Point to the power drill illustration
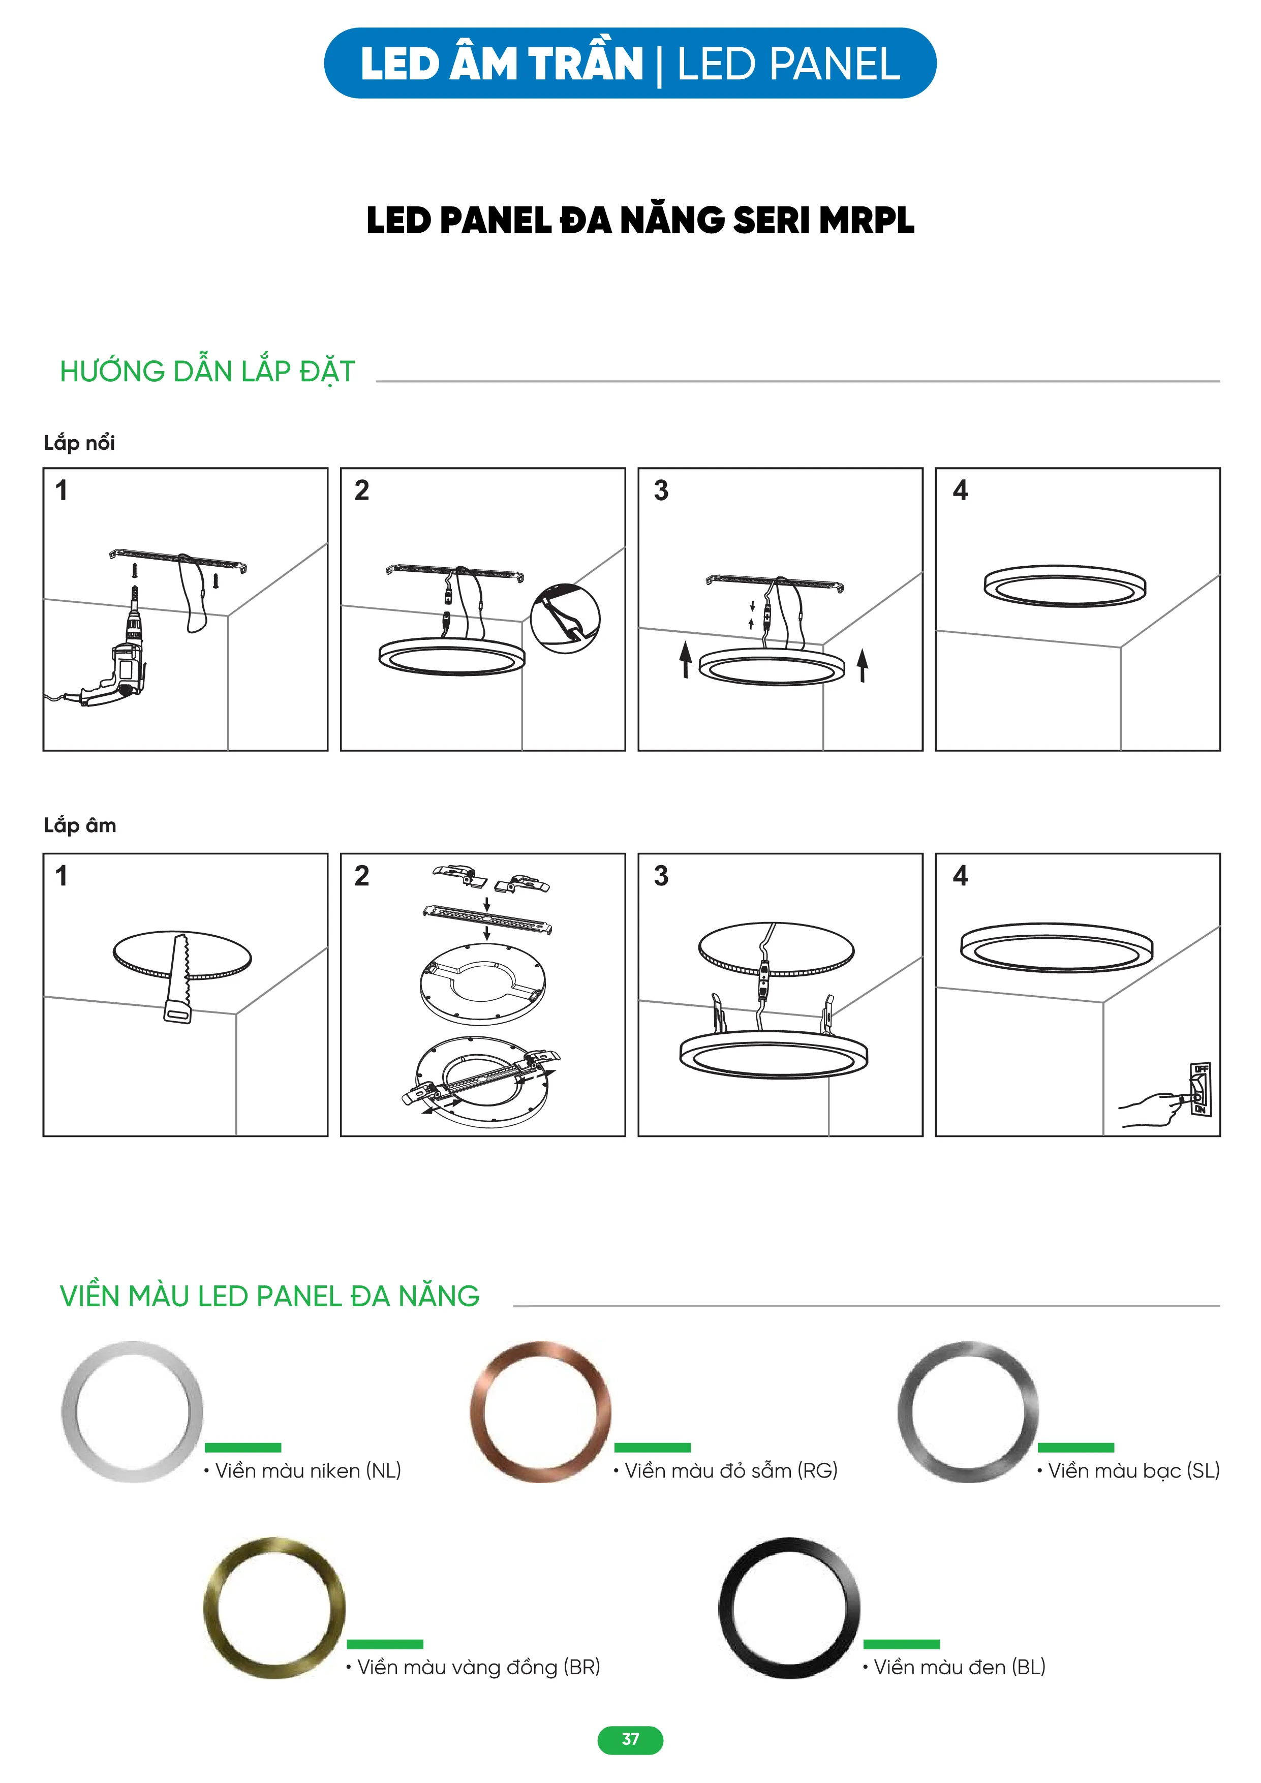tap(116, 660)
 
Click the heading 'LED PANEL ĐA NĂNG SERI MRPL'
tap(640, 221)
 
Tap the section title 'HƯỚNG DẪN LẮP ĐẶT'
tap(207, 371)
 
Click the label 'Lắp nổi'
tap(79, 443)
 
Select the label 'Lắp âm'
tap(80, 825)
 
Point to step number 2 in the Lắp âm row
tap(362, 875)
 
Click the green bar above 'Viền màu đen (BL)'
tap(902, 1644)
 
